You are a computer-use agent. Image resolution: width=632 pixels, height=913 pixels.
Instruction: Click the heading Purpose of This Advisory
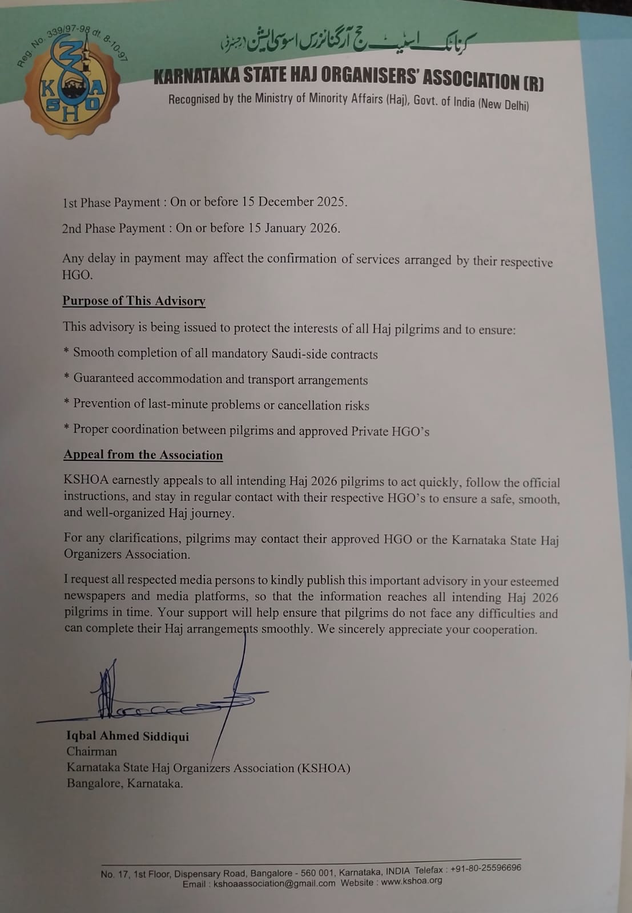(134, 301)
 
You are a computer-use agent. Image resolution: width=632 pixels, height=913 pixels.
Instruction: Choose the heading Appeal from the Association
(143, 455)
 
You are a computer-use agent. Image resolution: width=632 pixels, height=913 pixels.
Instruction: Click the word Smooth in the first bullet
(94, 352)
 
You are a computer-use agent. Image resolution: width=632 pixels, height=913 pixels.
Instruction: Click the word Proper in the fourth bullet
(90, 429)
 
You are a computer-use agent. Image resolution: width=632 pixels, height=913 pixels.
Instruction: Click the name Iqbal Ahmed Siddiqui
(127, 736)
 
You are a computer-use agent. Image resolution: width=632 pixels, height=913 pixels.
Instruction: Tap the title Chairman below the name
(91, 752)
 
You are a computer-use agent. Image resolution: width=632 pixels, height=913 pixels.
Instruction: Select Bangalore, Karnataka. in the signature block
(124, 783)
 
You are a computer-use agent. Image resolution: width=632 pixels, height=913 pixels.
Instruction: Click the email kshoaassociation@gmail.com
(274, 883)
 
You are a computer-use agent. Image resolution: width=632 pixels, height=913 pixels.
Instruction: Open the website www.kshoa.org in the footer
(412, 880)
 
